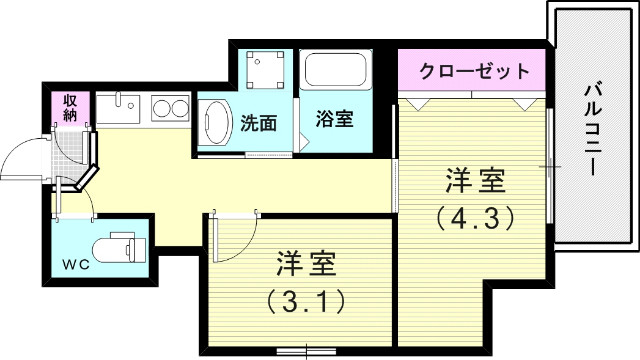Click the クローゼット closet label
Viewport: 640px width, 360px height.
[473, 72]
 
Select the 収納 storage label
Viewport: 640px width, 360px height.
[70, 107]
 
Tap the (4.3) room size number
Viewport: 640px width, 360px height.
[474, 215]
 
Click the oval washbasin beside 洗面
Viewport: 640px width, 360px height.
[215, 124]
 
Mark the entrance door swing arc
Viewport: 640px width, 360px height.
[22, 160]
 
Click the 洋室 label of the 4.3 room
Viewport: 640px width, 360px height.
[474, 183]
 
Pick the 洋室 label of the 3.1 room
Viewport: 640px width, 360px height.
[306, 266]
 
